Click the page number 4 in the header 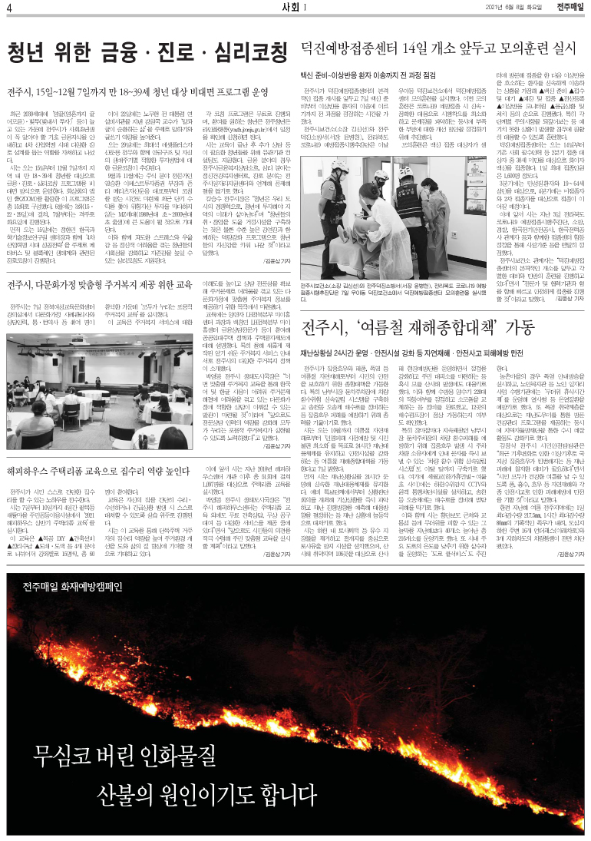(x=8, y=8)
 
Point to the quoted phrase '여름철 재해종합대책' (x=433, y=326)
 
